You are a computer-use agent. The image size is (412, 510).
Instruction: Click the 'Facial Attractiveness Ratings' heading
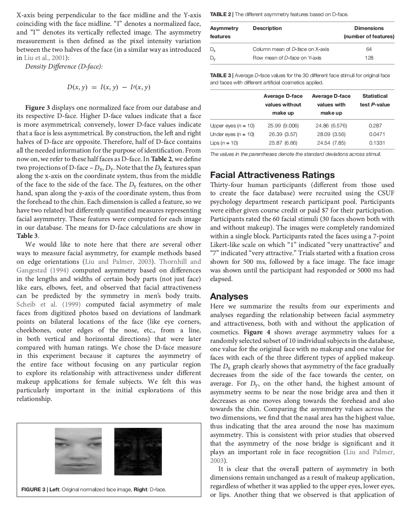click(x=272, y=175)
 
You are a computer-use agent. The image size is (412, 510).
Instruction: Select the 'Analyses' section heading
click(x=229, y=296)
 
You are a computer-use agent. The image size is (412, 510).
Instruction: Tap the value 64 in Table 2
click(x=369, y=49)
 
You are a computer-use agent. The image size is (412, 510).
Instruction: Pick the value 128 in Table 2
click(x=369, y=58)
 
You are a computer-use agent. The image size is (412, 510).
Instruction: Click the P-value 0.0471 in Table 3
click(x=376, y=134)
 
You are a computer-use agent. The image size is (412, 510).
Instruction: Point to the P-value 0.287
click(x=375, y=126)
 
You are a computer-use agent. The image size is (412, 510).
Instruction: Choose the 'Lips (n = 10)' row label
click(x=224, y=143)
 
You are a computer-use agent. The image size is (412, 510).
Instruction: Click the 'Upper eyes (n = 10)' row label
click(x=232, y=126)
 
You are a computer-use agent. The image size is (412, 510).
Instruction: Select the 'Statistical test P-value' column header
click(x=375, y=100)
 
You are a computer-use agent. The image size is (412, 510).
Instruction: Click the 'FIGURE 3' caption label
click(x=33, y=489)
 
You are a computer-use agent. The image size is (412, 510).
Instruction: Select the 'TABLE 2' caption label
click(x=220, y=14)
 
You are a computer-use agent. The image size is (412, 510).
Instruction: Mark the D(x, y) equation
click(x=109, y=87)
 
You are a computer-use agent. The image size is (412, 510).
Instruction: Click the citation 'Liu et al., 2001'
click(x=46, y=58)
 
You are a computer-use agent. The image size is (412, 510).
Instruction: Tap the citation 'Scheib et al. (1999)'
click(x=48, y=304)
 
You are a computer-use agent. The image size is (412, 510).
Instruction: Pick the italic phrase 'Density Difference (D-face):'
click(x=64, y=66)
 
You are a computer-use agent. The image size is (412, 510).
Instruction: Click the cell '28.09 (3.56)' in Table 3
click(x=331, y=134)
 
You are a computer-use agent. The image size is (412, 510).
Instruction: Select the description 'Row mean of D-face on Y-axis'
click(x=287, y=58)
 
